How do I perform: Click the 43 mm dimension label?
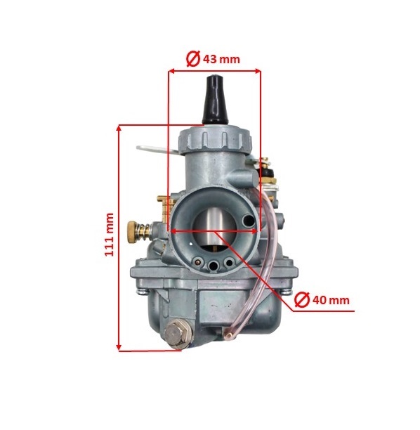click(221, 59)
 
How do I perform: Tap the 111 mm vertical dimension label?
click(109, 235)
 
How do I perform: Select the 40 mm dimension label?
click(331, 300)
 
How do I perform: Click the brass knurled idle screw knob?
click(133, 232)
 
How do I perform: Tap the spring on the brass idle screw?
click(145, 233)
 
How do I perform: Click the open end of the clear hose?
click(227, 334)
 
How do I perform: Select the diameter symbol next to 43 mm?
click(193, 59)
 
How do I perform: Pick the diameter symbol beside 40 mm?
click(302, 300)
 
